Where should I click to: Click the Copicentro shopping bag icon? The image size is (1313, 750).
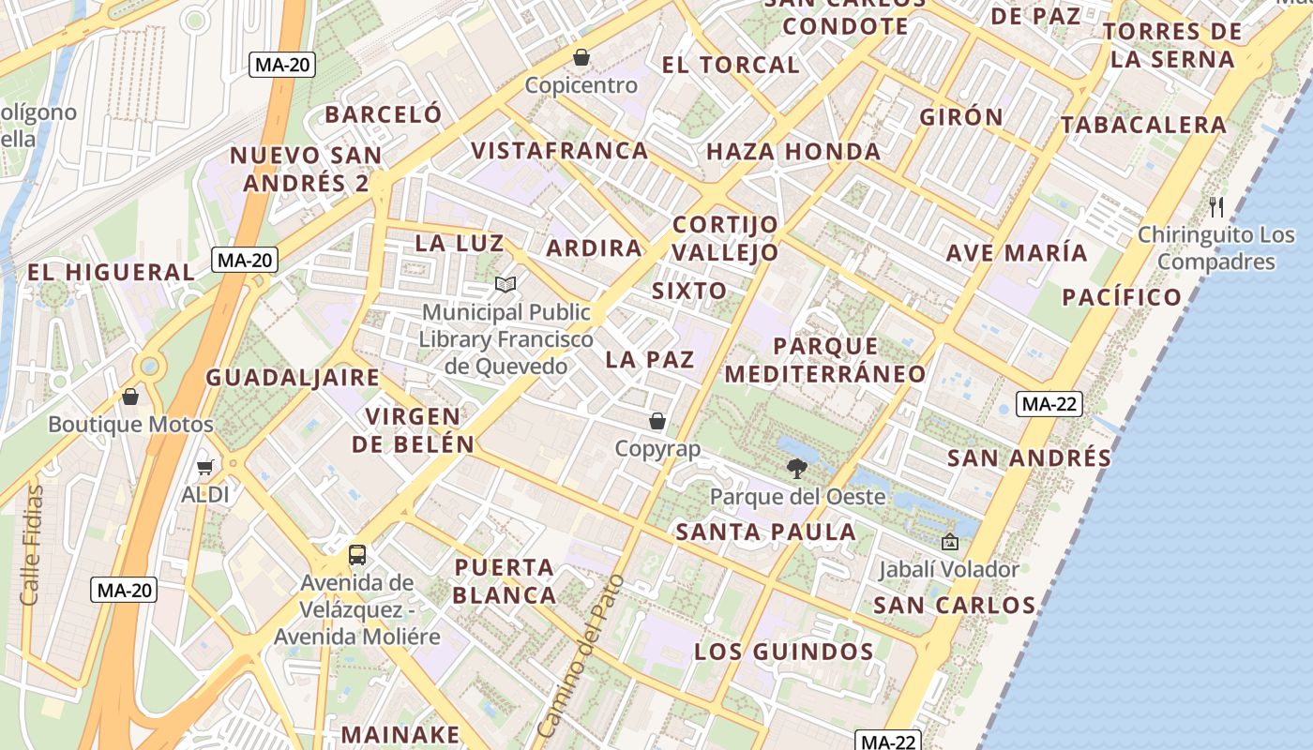coord(581,58)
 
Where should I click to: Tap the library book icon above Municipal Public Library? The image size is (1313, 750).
coord(506,284)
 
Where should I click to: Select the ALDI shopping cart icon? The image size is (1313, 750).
coord(205,467)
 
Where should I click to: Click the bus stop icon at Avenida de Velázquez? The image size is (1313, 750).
coord(357,554)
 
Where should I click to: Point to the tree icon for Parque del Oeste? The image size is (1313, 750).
coord(797,469)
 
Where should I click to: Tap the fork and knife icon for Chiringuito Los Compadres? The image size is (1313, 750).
coord(1216,207)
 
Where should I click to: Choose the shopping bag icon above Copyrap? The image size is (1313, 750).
coord(657,422)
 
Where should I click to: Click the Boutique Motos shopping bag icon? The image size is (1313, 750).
coord(130,397)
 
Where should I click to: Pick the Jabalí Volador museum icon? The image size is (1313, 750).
coord(949,542)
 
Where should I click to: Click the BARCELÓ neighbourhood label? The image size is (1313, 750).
coord(383,114)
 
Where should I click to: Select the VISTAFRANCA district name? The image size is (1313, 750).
coord(559,151)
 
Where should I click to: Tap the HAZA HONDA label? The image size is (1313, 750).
coord(792,152)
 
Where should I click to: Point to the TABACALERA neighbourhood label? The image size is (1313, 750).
coord(1142,125)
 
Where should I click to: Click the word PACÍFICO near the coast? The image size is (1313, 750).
coord(1122,298)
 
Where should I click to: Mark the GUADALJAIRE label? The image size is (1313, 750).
coord(293,378)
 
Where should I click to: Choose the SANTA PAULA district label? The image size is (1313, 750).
coord(766,532)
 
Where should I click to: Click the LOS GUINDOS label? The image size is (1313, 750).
coord(784,652)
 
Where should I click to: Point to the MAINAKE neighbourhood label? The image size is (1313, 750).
coord(400,734)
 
